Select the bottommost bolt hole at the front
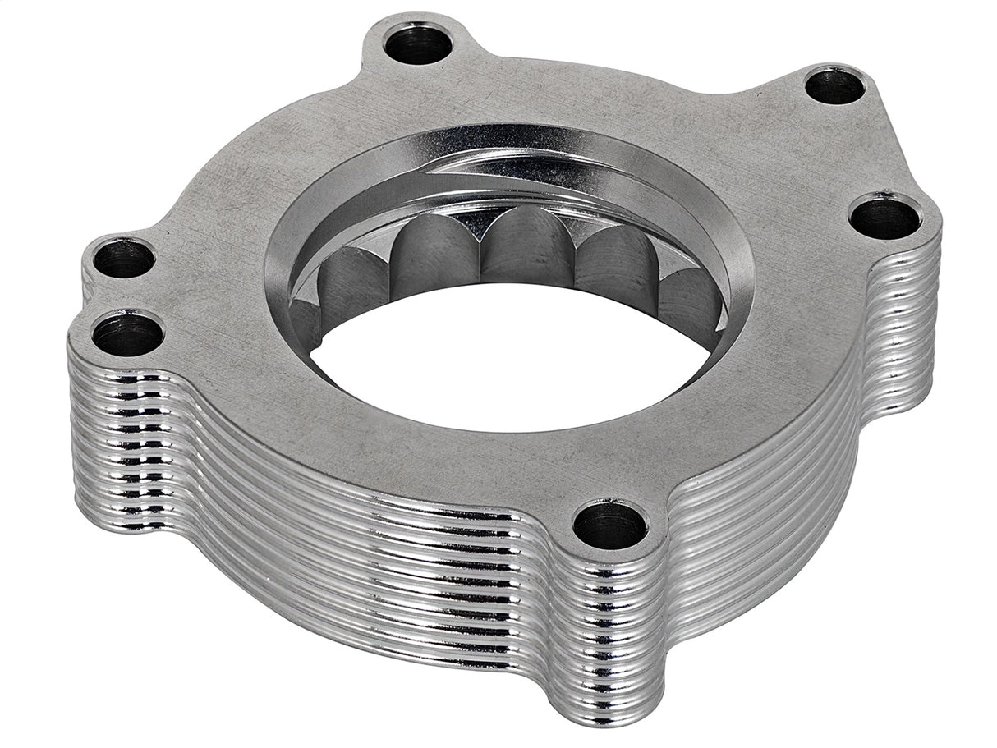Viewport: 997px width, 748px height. [x=609, y=526]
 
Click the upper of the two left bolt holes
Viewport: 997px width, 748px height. [x=123, y=259]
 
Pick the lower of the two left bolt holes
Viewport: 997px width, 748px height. [x=127, y=335]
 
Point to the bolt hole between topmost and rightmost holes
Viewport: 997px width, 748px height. [x=834, y=85]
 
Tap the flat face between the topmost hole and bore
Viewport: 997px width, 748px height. [x=427, y=103]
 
